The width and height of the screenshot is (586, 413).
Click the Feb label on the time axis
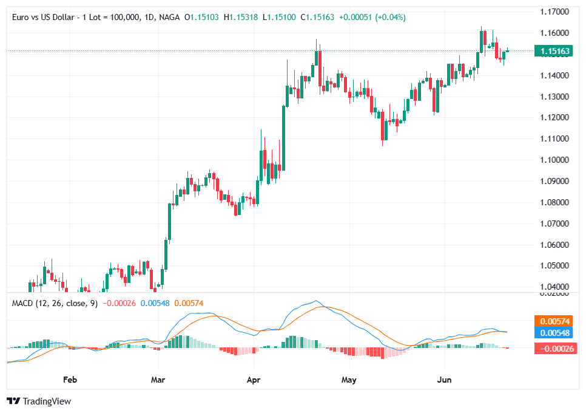(x=70, y=380)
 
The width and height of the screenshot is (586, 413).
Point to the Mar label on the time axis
(x=158, y=380)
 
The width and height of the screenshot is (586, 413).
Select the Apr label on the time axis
(x=253, y=380)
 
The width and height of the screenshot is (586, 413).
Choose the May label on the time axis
(x=349, y=380)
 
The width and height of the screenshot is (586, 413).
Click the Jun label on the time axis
(x=445, y=380)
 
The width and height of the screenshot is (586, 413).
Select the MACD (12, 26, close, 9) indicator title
(x=55, y=302)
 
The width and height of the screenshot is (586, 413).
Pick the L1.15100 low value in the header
(x=280, y=18)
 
